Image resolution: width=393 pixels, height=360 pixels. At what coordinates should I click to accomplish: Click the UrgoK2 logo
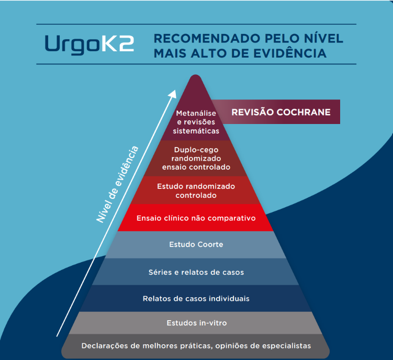(89, 44)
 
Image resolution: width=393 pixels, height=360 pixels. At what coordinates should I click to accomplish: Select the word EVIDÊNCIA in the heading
(290, 53)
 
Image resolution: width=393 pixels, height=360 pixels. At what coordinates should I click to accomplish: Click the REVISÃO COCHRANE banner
(276, 112)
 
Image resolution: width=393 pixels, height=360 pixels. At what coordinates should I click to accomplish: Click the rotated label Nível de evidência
(117, 184)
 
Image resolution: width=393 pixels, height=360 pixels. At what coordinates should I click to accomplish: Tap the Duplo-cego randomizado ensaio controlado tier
(196, 158)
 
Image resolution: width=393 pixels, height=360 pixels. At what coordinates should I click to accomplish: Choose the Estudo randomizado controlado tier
(196, 190)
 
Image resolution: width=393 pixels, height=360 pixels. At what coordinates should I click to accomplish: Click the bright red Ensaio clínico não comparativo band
(196, 218)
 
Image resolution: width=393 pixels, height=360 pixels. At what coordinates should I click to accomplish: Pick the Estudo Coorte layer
(196, 245)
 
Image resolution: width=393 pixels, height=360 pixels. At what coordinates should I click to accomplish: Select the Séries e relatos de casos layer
(196, 272)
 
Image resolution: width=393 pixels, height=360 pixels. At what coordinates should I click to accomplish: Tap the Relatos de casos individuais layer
(196, 299)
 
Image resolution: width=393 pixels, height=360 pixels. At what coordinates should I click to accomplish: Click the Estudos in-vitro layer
(197, 323)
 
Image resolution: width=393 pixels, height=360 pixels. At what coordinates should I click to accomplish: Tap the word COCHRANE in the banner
(304, 112)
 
